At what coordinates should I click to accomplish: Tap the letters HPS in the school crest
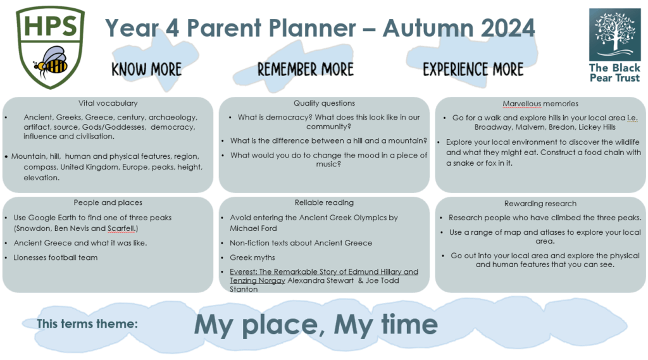click(51, 25)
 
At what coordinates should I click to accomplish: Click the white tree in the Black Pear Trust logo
click(614, 33)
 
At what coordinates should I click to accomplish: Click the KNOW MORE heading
click(147, 70)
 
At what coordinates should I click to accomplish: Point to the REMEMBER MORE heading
click(306, 70)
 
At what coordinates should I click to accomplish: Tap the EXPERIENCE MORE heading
click(473, 70)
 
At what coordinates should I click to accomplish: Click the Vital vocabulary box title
click(108, 103)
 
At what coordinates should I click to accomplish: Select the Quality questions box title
click(325, 103)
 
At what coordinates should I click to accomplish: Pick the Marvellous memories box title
click(540, 104)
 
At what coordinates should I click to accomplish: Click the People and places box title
click(108, 202)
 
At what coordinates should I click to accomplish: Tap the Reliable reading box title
click(325, 202)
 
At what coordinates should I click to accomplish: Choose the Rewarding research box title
click(540, 203)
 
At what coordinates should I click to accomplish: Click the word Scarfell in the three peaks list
click(121, 228)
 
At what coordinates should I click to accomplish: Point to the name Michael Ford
click(253, 228)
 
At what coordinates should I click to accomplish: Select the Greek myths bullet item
click(252, 258)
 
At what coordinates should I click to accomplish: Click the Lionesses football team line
click(56, 258)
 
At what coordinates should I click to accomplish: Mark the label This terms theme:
click(87, 323)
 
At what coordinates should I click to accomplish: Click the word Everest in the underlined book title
click(243, 271)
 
